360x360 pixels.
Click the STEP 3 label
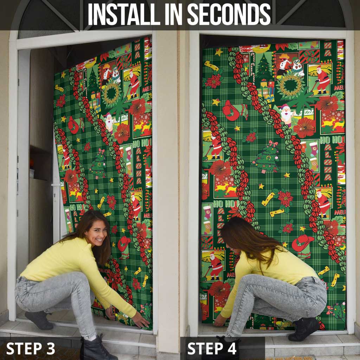point(31,348)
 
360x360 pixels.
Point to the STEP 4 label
point(212,348)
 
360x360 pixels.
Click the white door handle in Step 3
point(56,185)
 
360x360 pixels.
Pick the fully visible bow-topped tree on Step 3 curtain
point(99,165)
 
